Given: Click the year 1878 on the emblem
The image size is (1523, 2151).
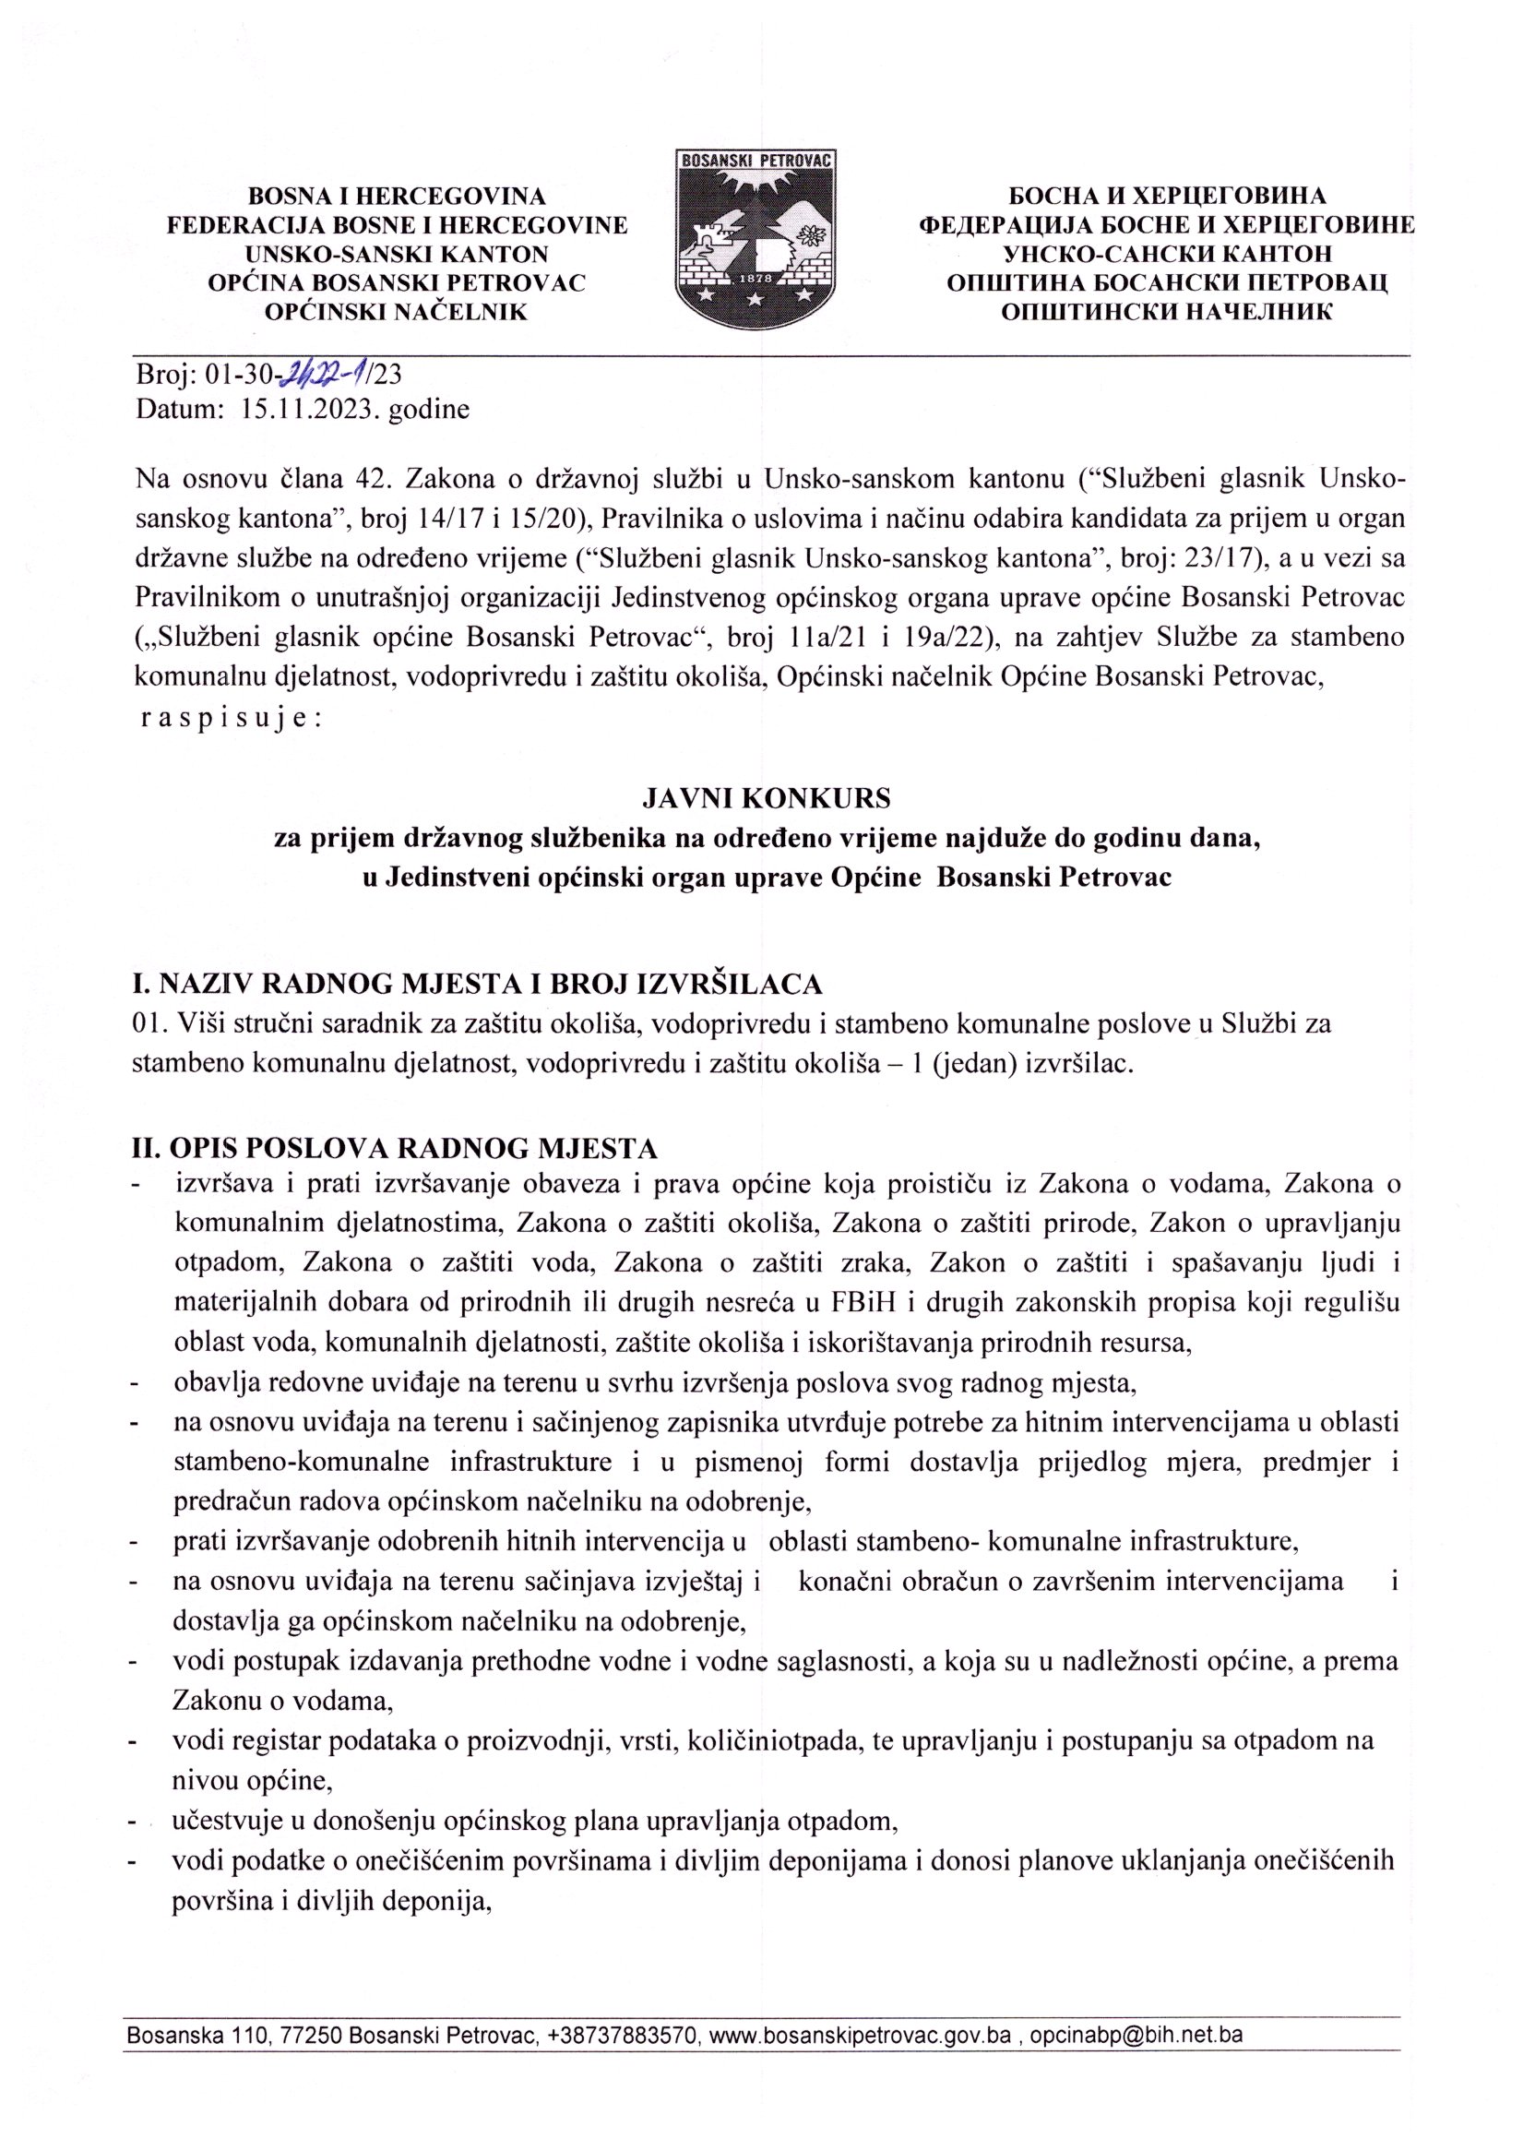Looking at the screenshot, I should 755,280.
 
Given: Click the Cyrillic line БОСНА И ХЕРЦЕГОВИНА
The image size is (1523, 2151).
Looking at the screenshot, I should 1167,196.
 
